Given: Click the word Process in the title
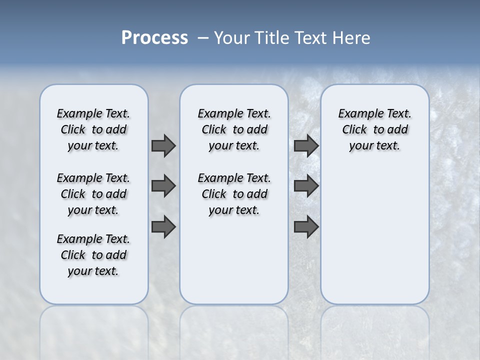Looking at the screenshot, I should tap(154, 38).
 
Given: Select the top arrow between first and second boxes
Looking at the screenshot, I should tap(163, 145).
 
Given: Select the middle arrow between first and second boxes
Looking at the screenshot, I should tap(163, 186).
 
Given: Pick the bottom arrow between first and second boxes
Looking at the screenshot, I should tap(163, 227).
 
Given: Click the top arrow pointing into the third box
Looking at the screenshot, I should tap(306, 145).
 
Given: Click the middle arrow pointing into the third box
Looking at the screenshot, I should tap(306, 186).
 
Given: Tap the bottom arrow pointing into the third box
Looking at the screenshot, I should tap(306, 227).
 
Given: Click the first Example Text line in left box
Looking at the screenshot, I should tap(93, 113).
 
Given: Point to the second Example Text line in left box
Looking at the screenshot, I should tap(93, 178).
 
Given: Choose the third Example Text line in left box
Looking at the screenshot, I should tap(93, 239).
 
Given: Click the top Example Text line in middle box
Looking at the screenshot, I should tap(234, 113).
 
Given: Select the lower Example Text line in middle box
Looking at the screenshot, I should tap(234, 178).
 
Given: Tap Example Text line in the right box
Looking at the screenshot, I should tap(374, 113).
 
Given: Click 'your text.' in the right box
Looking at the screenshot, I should tap(374, 146).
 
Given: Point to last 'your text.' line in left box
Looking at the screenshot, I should tap(93, 271).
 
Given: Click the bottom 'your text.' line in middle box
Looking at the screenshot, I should tap(234, 210).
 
